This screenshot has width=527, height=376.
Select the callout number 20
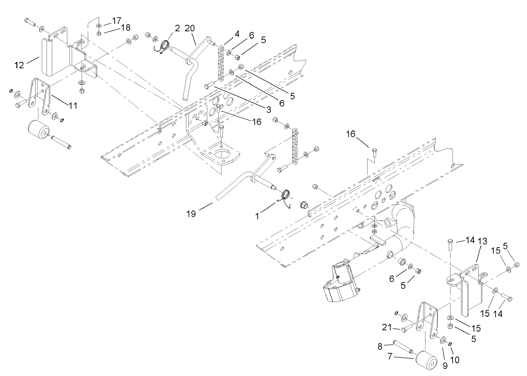[x=190, y=28]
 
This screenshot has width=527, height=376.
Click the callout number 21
[x=388, y=327]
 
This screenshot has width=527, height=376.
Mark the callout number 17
[x=117, y=22]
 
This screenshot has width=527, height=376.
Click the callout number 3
[x=268, y=110]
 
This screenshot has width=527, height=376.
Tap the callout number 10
[x=455, y=360]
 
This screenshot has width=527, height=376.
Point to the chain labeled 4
[x=221, y=62]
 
